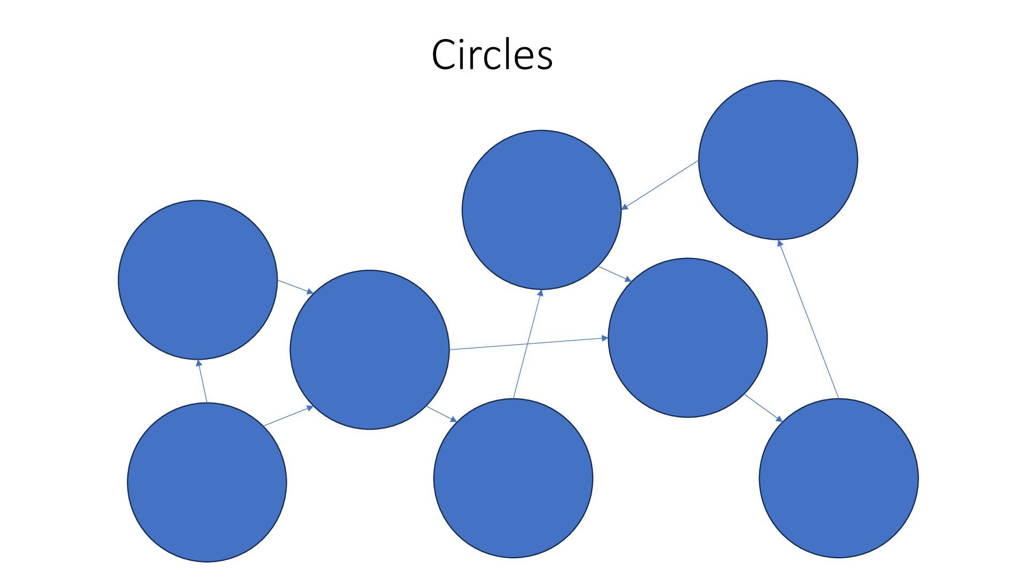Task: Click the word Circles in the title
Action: (492, 55)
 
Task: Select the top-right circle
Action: (778, 160)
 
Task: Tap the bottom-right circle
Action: (838, 478)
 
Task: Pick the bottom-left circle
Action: (207, 482)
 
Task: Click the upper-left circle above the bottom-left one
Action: (197, 279)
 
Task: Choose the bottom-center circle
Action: (513, 478)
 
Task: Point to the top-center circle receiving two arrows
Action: (541, 210)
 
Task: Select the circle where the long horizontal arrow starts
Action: (370, 349)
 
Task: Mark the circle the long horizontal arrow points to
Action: (687, 338)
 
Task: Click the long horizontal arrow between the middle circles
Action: (528, 344)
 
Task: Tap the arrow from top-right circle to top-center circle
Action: (660, 185)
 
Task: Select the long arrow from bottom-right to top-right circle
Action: (809, 320)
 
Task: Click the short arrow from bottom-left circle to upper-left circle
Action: (203, 381)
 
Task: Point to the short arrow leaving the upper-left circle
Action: (295, 286)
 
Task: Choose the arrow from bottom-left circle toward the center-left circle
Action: (289, 416)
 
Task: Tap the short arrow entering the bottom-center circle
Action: (442, 414)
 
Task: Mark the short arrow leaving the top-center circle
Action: (615, 274)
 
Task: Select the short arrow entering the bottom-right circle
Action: (764, 408)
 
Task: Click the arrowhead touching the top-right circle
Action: (780, 244)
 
